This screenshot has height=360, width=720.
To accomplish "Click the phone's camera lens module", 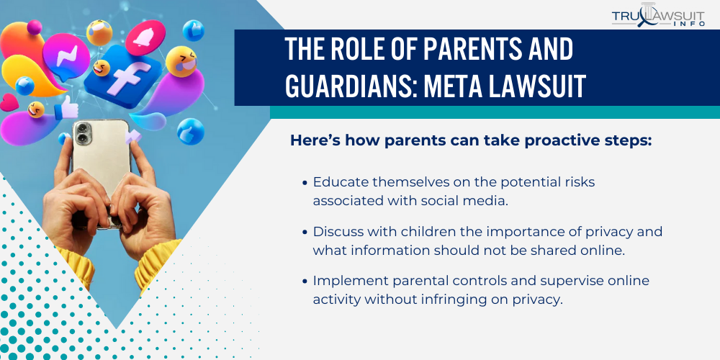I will pos(84,133).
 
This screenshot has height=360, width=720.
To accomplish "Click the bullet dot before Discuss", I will pos(305,233).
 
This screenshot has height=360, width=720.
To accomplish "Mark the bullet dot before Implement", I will pos(305,281).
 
